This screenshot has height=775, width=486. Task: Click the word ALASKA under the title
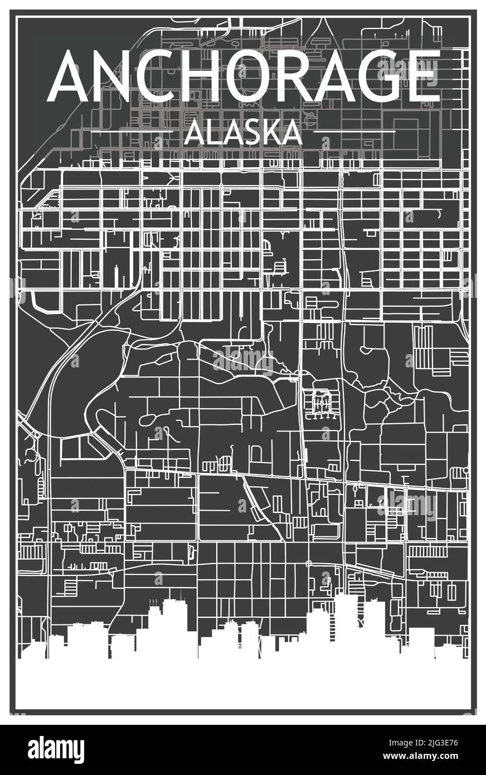pyautogui.click(x=242, y=132)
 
